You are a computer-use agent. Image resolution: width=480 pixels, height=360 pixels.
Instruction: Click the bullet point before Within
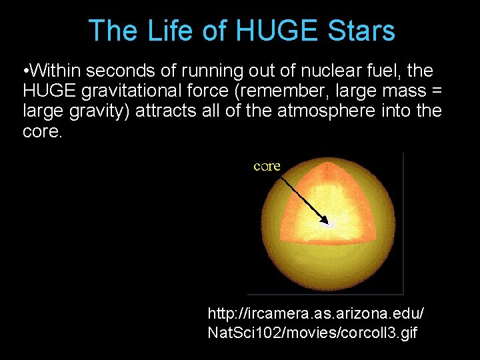pyautogui.click(x=25, y=71)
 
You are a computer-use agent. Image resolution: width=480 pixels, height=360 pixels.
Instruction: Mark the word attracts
pyautogui.click(x=164, y=111)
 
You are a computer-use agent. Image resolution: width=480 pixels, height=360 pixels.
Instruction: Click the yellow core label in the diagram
pyautogui.click(x=267, y=166)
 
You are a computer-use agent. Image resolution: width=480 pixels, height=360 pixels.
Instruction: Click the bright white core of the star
pyautogui.click(x=329, y=225)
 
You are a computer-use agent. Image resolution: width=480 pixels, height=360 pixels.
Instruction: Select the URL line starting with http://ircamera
pyautogui.click(x=315, y=313)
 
